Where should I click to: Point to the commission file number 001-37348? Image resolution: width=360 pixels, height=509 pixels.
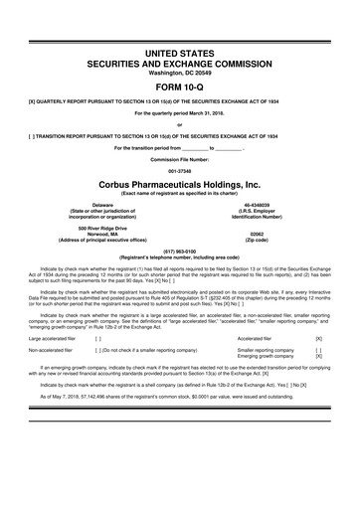click(x=180, y=167)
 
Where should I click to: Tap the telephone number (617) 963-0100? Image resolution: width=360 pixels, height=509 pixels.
click(x=180, y=252)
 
